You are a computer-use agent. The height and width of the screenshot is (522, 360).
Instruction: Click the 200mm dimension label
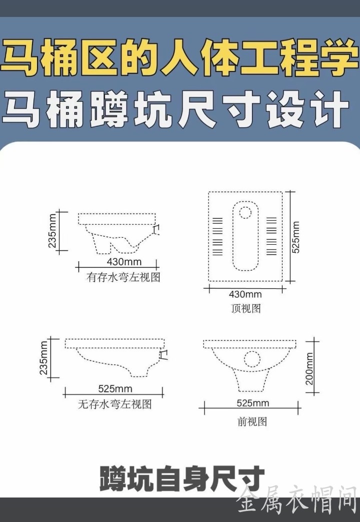pyautogui.click(x=309, y=369)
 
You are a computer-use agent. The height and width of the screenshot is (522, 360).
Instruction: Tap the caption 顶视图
pyautogui.click(x=246, y=308)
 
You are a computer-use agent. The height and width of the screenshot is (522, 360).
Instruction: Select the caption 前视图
pyautogui.click(x=252, y=422)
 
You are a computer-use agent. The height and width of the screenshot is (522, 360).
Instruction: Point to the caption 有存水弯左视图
pyautogui.click(x=123, y=277)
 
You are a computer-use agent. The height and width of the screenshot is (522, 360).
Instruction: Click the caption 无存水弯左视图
pyautogui.click(x=114, y=404)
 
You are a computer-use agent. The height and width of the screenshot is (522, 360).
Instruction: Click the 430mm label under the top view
pyautogui.click(x=245, y=294)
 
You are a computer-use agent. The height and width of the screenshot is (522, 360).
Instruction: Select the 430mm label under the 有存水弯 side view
pyautogui.click(x=124, y=262)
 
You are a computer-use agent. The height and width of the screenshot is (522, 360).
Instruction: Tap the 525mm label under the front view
pyautogui.click(x=252, y=403)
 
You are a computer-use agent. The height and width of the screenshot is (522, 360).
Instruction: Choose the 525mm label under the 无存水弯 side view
pyautogui.click(x=115, y=389)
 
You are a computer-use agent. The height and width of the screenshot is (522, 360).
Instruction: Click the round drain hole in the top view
pyautogui.click(x=245, y=212)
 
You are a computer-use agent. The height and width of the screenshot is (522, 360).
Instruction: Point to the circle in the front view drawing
pyautogui.click(x=252, y=358)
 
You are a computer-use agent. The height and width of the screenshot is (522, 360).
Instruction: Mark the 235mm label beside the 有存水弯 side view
pyautogui.click(x=52, y=231)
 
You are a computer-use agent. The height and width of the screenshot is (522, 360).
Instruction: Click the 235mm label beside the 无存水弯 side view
pyautogui.click(x=44, y=357)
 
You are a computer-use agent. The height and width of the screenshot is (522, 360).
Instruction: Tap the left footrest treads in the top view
pyautogui.click(x=217, y=236)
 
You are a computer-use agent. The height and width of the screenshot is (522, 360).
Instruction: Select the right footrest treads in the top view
pyautogui.click(x=271, y=236)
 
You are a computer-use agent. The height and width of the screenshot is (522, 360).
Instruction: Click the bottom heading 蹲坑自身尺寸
pyautogui.click(x=181, y=479)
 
